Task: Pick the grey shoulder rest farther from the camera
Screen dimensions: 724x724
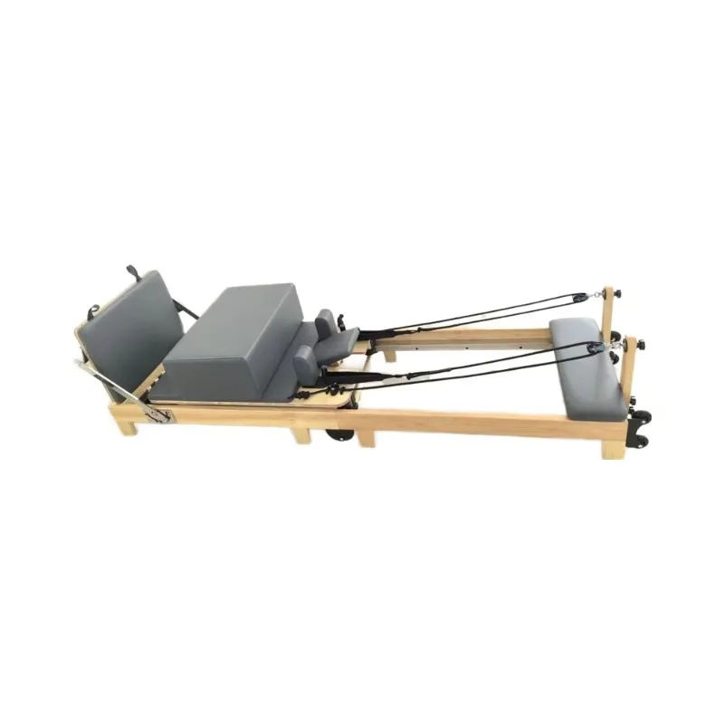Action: click(x=324, y=321)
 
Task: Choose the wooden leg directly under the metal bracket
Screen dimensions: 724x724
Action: click(x=129, y=424)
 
